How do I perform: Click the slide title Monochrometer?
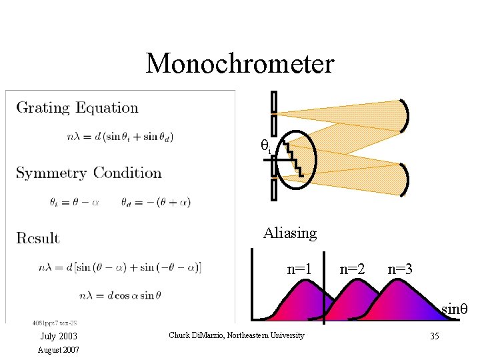(x=240, y=64)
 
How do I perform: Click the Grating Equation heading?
(x=77, y=108)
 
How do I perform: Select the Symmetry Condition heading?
(x=89, y=173)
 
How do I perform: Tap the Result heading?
(x=38, y=238)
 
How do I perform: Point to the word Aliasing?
(x=289, y=233)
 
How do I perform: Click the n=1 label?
(x=299, y=270)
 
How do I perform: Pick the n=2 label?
(x=353, y=270)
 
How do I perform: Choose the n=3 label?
(x=400, y=270)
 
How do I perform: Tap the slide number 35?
(x=434, y=336)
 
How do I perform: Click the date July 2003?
(x=59, y=336)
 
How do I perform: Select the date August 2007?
(x=59, y=349)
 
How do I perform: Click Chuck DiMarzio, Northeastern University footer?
(x=237, y=335)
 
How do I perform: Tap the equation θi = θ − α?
(x=74, y=202)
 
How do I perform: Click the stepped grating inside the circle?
(x=291, y=157)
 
